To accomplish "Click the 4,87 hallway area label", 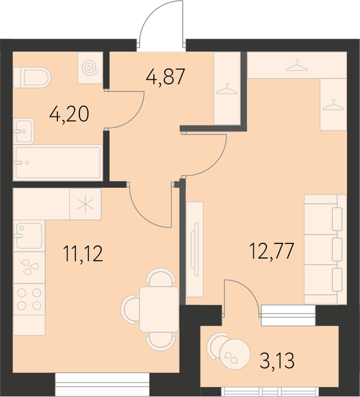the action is [165, 77].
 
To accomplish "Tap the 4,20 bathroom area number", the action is [69, 114].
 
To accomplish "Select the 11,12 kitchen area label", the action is [83, 254].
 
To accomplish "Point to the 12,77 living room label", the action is [271, 251].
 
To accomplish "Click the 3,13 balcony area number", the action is [277, 361].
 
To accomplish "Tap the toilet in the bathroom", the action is [32, 78].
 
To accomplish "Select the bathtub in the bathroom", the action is [58, 163].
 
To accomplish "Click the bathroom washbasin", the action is [24, 131].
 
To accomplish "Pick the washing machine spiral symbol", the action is [90, 67].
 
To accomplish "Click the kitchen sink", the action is [29, 236].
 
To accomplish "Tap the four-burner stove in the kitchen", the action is [29, 299].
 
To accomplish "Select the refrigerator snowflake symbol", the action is [85, 204].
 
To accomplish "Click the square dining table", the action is [159, 309].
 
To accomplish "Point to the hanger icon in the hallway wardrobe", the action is [227, 90].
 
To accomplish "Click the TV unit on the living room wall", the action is [195, 250].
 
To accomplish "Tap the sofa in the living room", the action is [325, 249].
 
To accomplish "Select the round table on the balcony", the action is [235, 354].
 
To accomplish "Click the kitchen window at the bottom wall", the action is [102, 385].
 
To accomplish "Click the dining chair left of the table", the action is [130, 309].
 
